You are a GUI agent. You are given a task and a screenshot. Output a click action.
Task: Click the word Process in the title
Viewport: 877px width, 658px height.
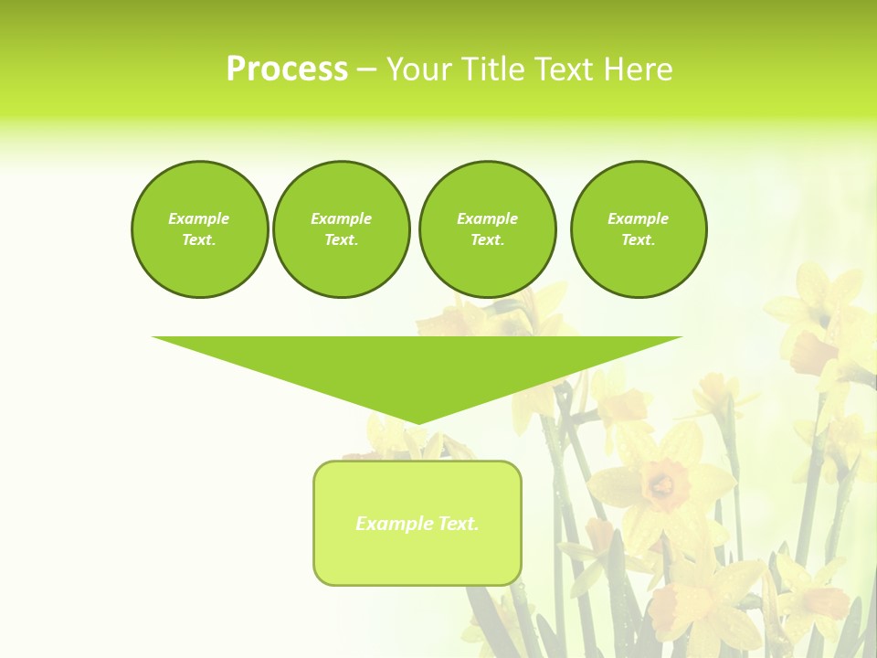tap(287, 69)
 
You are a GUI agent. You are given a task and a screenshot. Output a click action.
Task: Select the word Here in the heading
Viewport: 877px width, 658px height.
tap(638, 69)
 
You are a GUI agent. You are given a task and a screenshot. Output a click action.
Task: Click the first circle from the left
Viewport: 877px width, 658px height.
tap(200, 229)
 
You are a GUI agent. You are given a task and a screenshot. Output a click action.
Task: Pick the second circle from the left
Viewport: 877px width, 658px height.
tap(342, 229)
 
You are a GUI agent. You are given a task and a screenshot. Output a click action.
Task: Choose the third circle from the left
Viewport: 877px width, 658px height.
tap(487, 229)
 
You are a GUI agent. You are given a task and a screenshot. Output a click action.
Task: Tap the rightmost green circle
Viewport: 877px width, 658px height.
tap(639, 229)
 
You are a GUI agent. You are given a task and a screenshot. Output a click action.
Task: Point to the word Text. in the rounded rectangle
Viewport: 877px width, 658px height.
tap(459, 524)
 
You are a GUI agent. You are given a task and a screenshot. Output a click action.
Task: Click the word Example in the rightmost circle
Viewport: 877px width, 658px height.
tap(639, 218)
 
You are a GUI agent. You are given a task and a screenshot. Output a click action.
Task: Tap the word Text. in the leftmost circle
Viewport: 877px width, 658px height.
tap(199, 240)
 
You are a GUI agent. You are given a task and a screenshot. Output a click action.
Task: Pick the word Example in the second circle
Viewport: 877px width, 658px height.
tap(342, 218)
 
